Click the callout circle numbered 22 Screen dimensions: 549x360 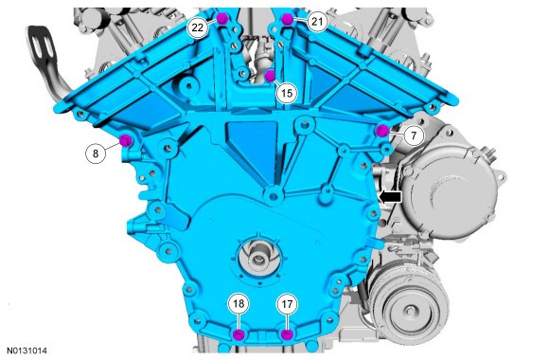click(198, 27)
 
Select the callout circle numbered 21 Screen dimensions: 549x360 click(317, 22)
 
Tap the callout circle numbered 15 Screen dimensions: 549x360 click(287, 93)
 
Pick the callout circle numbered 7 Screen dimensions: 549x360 click(414, 135)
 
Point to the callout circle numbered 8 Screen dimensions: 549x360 click(96, 153)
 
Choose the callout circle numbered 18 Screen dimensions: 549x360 click(239, 303)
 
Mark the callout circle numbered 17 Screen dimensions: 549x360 click(287, 304)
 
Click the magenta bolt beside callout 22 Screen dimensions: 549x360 click(222, 18)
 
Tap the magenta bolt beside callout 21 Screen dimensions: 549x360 click(287, 19)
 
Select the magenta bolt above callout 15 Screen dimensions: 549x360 click(270, 76)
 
